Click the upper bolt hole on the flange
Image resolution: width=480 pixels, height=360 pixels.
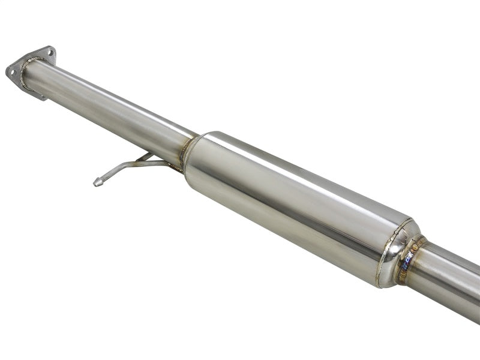[x=50, y=53]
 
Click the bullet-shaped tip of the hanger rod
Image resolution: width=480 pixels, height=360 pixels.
[x=98, y=181]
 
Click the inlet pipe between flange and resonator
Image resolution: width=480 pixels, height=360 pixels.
[x=108, y=108]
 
